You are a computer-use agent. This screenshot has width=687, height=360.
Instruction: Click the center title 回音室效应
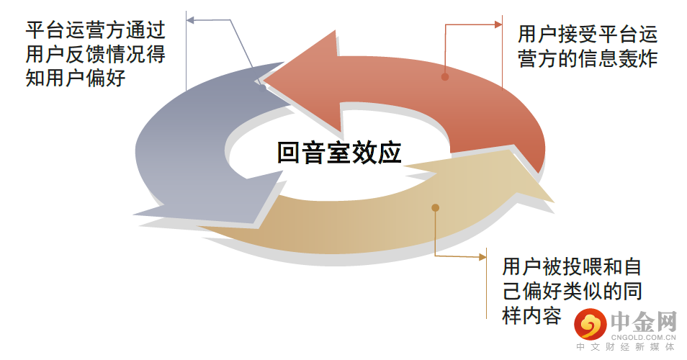coord(338,152)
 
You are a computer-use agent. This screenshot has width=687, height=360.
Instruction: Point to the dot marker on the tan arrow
coord(435,208)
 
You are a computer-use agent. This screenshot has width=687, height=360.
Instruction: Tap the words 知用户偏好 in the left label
coord(76,78)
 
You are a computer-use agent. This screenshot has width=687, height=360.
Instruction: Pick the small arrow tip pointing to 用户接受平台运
coord(499,24)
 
